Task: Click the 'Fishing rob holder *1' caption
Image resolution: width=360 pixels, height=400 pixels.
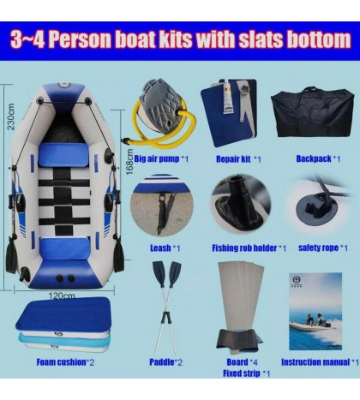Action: click(249, 248)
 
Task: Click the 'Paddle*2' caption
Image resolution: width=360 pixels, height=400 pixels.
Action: click(166, 362)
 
